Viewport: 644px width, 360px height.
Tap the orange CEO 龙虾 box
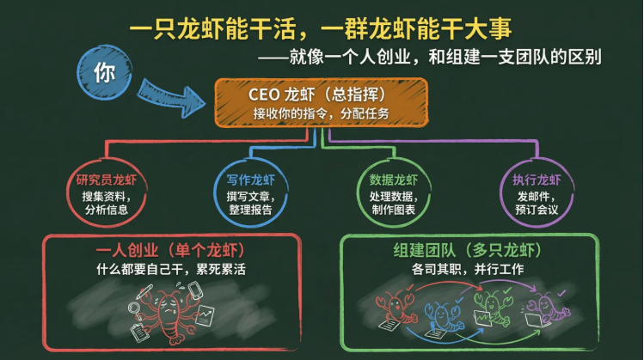point(321,101)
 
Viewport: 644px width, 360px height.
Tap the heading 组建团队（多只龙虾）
point(469,251)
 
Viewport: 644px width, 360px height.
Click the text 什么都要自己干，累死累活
point(170,269)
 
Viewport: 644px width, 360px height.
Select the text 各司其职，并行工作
point(469,270)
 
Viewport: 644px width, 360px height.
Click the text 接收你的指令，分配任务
point(321,113)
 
